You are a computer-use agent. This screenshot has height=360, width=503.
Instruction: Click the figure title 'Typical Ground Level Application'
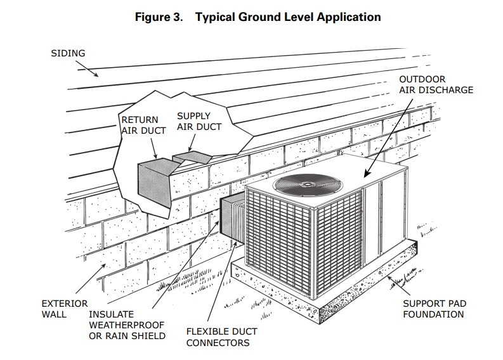[x=288, y=17]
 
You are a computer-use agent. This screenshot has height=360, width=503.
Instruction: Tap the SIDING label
[x=68, y=53]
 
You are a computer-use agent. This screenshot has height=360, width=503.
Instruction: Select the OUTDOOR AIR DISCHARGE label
[x=435, y=84]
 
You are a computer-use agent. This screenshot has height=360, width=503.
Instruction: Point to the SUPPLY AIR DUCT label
[x=199, y=121]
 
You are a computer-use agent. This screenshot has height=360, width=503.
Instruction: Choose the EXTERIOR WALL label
[x=64, y=309]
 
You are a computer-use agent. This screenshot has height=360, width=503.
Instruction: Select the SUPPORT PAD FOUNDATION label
[x=433, y=309]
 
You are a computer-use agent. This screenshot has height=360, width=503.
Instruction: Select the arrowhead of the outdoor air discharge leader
[x=365, y=175]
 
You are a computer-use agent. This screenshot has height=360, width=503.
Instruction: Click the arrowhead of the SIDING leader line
[x=98, y=76]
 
